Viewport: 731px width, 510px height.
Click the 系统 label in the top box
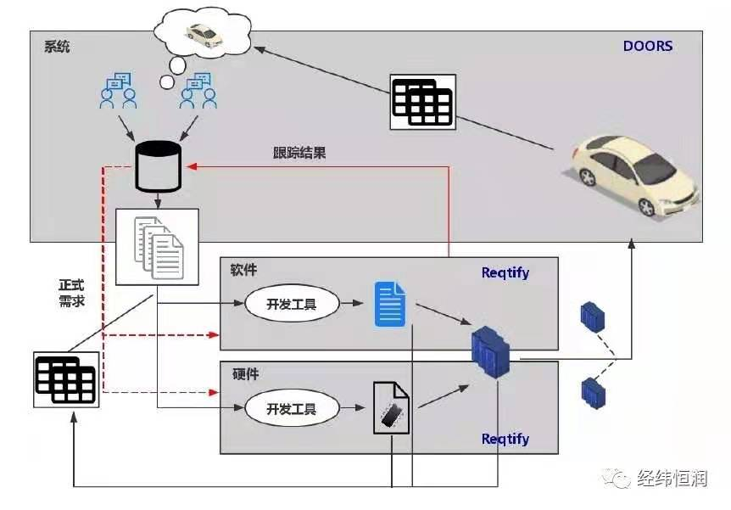coord(57,46)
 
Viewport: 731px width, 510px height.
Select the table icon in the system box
coord(421,102)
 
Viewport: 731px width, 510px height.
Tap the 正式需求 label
coord(71,293)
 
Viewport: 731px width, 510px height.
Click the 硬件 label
coord(245,373)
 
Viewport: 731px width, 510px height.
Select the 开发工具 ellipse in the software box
coord(292,304)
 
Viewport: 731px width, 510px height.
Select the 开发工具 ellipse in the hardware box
coord(292,408)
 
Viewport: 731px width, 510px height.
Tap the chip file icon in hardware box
coord(391,408)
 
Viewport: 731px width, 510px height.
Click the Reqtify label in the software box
coord(505,272)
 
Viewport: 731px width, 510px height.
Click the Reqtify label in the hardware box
coord(505,439)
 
